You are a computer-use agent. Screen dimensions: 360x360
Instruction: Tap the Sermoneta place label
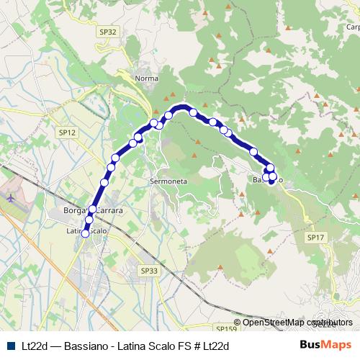pyautogui.click(x=168, y=182)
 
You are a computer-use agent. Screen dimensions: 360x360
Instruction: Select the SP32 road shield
pyautogui.click(x=108, y=32)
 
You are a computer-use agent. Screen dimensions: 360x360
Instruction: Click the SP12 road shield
pyautogui.click(x=67, y=132)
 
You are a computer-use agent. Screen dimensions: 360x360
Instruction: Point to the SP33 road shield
pyautogui.click(x=148, y=270)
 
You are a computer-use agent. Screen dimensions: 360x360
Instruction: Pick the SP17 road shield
pyautogui.click(x=315, y=237)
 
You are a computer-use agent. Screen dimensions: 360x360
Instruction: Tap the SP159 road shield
pyautogui.click(x=227, y=329)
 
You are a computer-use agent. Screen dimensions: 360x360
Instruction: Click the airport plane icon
pyautogui.click(x=9, y=196)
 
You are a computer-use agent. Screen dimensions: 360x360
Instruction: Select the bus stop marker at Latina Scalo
pyautogui.click(x=86, y=233)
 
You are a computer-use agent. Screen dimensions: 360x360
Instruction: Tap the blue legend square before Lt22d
pyautogui.click(x=10, y=346)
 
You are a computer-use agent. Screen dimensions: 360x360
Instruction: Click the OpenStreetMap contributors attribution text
pyautogui.click(x=293, y=323)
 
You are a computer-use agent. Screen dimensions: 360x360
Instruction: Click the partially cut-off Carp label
pyautogui.click(x=353, y=27)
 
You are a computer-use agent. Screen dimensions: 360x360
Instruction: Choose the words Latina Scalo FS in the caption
pyautogui.click(x=150, y=346)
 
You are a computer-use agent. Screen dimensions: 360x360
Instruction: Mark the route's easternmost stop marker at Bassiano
pyautogui.click(x=273, y=176)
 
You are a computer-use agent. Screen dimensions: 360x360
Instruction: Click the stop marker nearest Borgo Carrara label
pyautogui.click(x=92, y=209)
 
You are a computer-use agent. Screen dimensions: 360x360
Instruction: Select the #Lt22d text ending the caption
pyautogui.click(x=209, y=346)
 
